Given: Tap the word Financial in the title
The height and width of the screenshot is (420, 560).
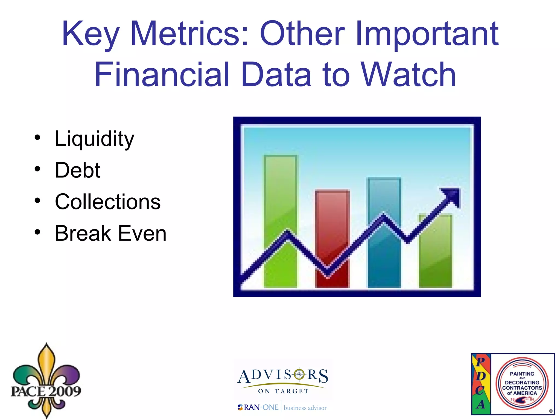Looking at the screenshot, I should (161, 75).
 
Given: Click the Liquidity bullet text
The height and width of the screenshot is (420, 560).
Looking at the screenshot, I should (94, 139).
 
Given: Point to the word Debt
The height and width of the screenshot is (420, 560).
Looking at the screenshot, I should (78, 170).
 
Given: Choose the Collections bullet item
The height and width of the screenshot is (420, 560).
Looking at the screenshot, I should (108, 202).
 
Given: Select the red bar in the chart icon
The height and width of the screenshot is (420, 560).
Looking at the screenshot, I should (332, 219).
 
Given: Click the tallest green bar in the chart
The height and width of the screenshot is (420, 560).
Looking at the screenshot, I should (280, 191).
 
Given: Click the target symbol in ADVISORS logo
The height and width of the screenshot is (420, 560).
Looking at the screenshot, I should (299, 374).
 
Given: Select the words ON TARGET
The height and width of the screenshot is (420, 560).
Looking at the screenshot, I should (283, 391).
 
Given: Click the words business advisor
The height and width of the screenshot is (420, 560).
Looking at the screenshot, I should (305, 408).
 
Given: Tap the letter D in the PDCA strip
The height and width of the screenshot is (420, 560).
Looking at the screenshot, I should (480, 376).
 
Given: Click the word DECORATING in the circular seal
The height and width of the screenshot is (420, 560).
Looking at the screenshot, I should (522, 383).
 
